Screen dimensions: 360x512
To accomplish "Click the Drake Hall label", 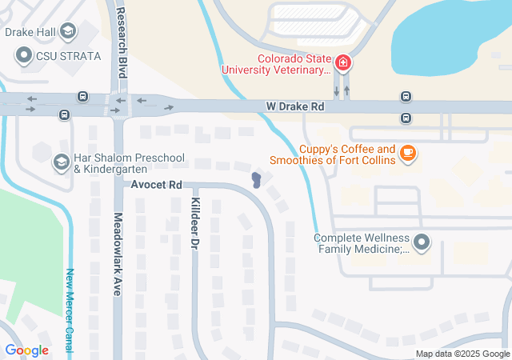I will coord(30,33).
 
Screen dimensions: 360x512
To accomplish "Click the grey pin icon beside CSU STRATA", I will coord(23,55).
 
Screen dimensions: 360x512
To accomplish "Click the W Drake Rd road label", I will coord(295,106).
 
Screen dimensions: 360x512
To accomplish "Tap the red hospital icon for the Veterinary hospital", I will coord(342,62).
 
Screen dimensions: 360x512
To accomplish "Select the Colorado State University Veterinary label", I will coord(294,64).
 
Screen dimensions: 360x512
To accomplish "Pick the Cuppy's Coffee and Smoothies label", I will coord(347,155).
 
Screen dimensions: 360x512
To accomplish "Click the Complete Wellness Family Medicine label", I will coord(362,243).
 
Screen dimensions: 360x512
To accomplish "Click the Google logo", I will coord(26,350).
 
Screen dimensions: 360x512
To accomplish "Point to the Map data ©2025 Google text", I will coord(462,354).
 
